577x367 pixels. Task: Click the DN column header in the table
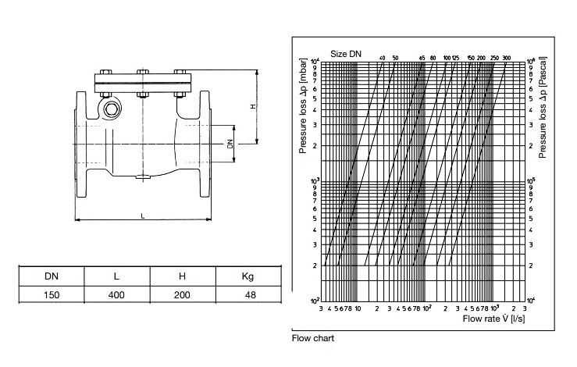click(x=51, y=276)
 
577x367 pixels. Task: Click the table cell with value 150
click(x=51, y=296)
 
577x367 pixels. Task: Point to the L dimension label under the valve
click(x=141, y=214)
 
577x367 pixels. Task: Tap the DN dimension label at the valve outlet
click(x=230, y=144)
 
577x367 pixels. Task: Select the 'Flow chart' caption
click(x=312, y=339)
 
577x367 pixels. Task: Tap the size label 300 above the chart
click(x=506, y=58)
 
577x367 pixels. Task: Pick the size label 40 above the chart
click(x=383, y=58)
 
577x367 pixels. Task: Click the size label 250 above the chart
click(x=493, y=58)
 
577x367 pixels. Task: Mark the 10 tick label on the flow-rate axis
click(x=357, y=308)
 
